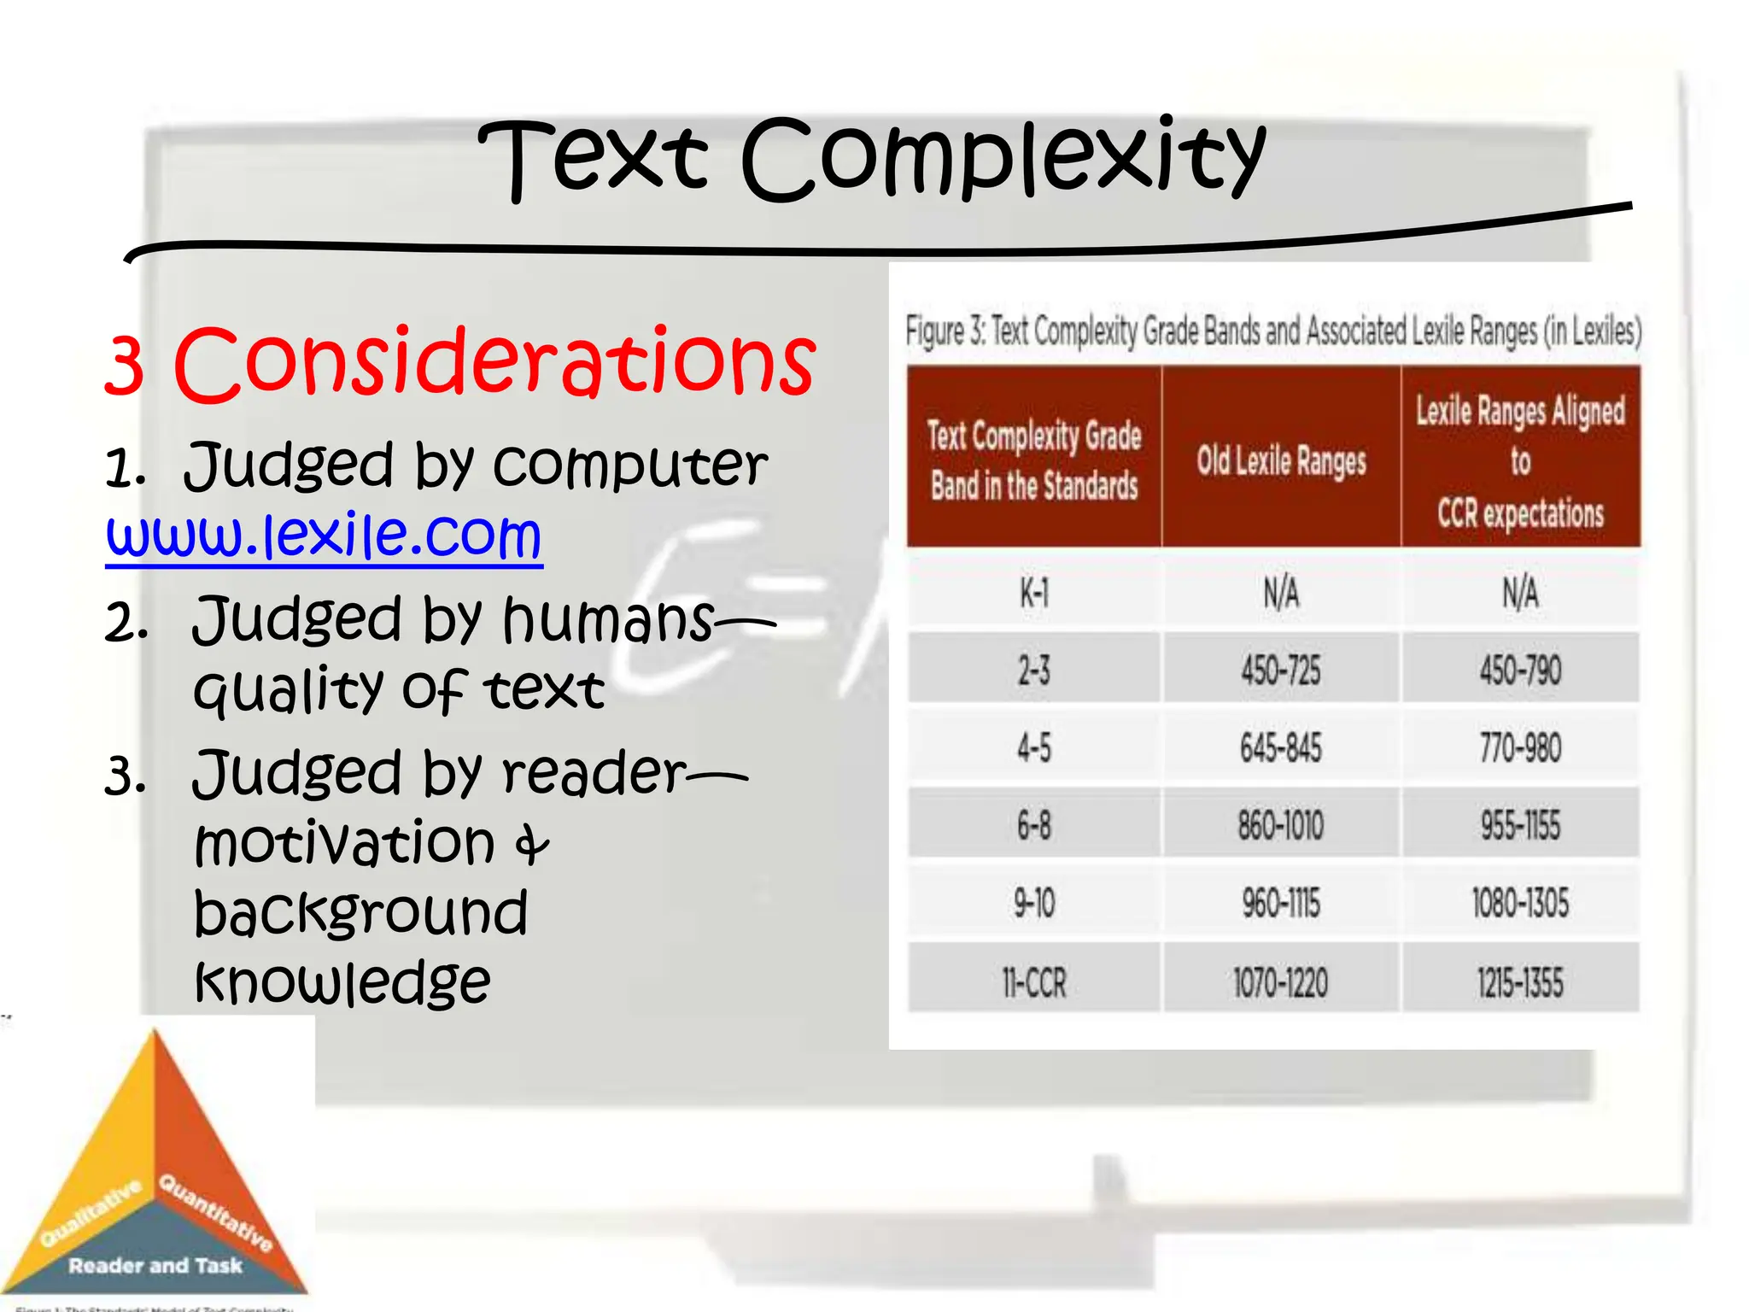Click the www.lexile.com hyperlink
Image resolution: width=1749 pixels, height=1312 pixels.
pyautogui.click(x=324, y=536)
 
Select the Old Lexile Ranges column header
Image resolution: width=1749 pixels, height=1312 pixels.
pyautogui.click(x=1281, y=461)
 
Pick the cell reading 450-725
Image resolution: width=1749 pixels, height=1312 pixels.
pyautogui.click(x=1281, y=670)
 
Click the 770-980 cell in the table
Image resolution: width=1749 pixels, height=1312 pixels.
pyautogui.click(x=1520, y=748)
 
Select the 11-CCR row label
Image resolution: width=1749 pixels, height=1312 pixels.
pyautogui.click(x=1033, y=982)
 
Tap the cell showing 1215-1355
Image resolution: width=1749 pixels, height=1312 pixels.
pyautogui.click(x=1520, y=982)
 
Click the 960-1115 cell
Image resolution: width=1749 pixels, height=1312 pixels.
pyautogui.click(x=1281, y=904)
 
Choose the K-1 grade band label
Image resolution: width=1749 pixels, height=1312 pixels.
pyautogui.click(x=1033, y=593)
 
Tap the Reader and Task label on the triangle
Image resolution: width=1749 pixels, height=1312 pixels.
pyautogui.click(x=155, y=1266)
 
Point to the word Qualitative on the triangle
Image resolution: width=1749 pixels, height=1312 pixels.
pyautogui.click(x=91, y=1213)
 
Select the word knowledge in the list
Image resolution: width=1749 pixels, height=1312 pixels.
pyautogui.click(x=342, y=982)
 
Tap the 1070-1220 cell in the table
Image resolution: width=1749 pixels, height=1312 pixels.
pyautogui.click(x=1281, y=982)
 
